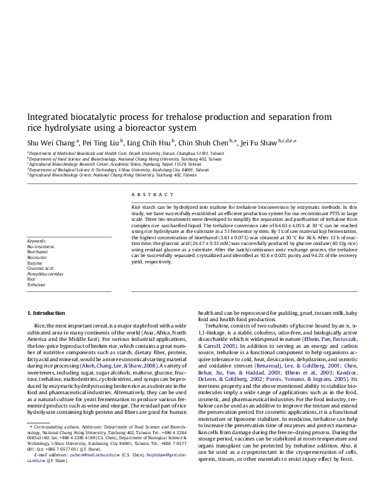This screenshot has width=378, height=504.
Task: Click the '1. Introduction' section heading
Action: [48, 313]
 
